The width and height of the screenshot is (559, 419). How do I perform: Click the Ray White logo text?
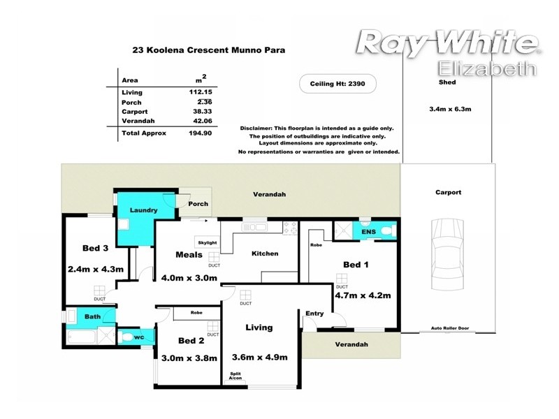click(x=447, y=43)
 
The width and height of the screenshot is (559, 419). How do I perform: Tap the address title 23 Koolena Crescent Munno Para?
click(x=208, y=50)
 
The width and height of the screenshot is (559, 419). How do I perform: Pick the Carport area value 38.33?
click(x=202, y=112)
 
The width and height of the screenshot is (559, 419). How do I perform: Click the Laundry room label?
click(x=143, y=209)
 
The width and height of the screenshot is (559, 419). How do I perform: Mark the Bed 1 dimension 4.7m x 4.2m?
click(x=362, y=295)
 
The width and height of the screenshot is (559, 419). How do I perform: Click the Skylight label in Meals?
click(x=207, y=242)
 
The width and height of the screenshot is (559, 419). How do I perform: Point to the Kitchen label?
click(x=265, y=253)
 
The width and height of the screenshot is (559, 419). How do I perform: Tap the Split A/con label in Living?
click(x=235, y=376)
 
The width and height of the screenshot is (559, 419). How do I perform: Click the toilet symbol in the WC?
click(x=126, y=338)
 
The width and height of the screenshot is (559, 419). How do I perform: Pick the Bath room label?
click(x=93, y=317)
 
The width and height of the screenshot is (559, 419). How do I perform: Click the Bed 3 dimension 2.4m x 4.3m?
click(x=95, y=268)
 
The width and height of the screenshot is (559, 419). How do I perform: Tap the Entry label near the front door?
click(x=314, y=314)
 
